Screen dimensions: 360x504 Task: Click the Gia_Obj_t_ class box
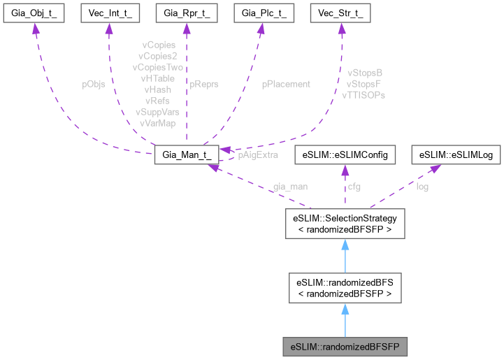[x=35, y=13]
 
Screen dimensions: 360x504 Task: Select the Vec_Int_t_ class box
[x=109, y=13]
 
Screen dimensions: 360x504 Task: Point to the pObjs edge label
[x=94, y=84]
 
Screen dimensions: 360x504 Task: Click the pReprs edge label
[x=204, y=84]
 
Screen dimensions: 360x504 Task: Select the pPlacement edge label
[x=286, y=84]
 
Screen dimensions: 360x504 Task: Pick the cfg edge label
[x=356, y=188]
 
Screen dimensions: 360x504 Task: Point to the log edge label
[x=423, y=188]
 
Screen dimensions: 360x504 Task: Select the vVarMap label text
[x=157, y=123]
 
